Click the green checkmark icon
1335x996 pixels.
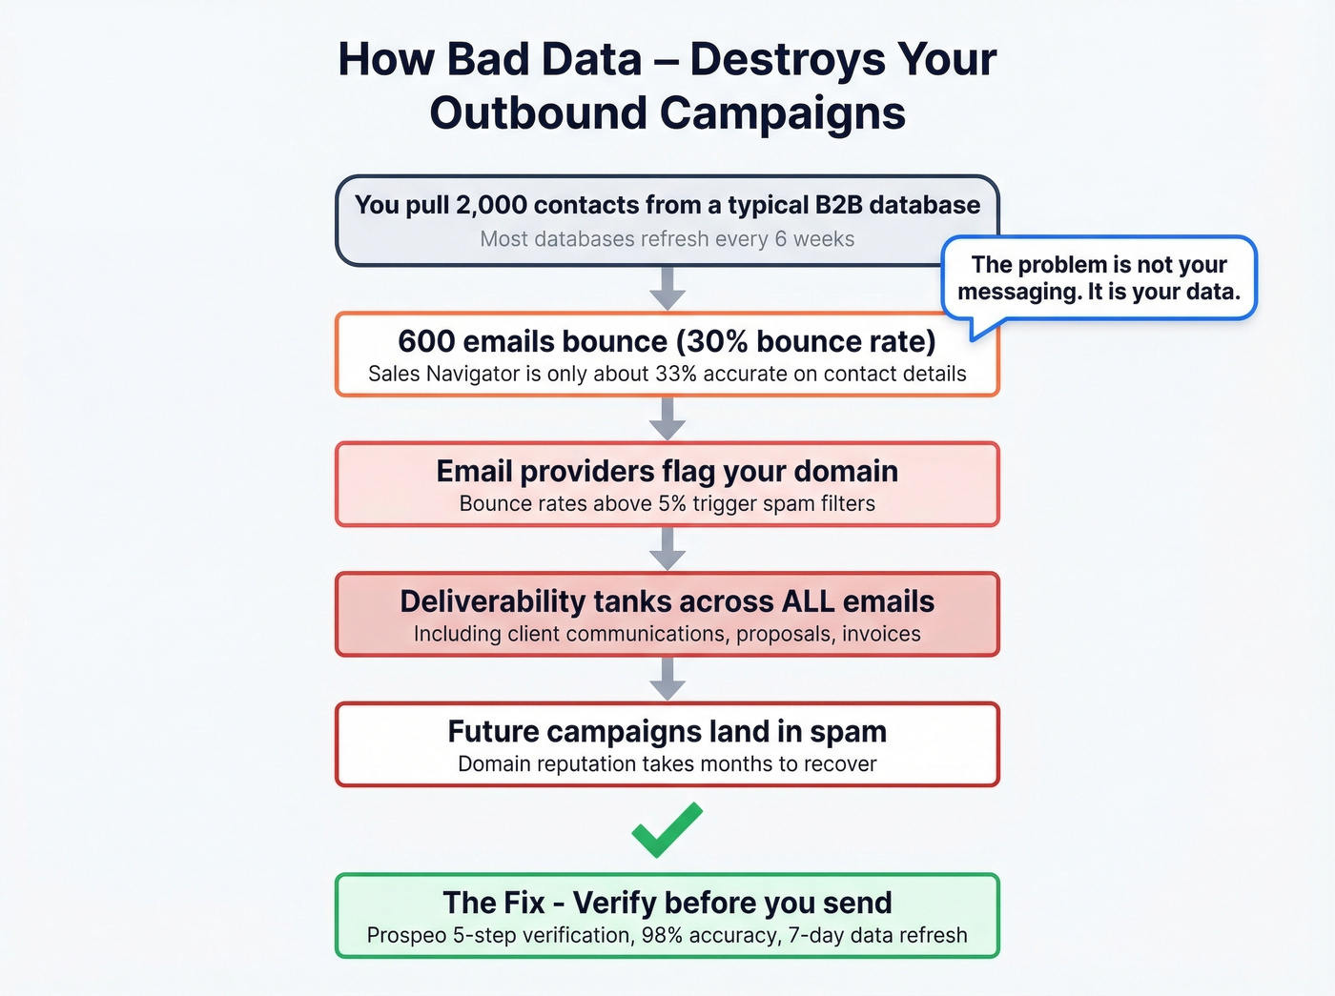(x=667, y=829)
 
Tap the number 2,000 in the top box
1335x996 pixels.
(x=491, y=205)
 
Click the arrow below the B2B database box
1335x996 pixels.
(x=667, y=288)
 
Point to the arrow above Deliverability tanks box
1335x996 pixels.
(x=667, y=548)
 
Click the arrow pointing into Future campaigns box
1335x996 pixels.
(x=667, y=679)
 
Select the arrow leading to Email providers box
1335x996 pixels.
(x=667, y=418)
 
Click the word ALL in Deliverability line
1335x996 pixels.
(x=809, y=601)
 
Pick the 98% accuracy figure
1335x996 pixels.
(x=662, y=935)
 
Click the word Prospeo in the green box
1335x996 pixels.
(x=406, y=935)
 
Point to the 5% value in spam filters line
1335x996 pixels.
(x=671, y=503)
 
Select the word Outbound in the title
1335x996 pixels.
(x=539, y=112)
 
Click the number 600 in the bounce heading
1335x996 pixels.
(x=425, y=341)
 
